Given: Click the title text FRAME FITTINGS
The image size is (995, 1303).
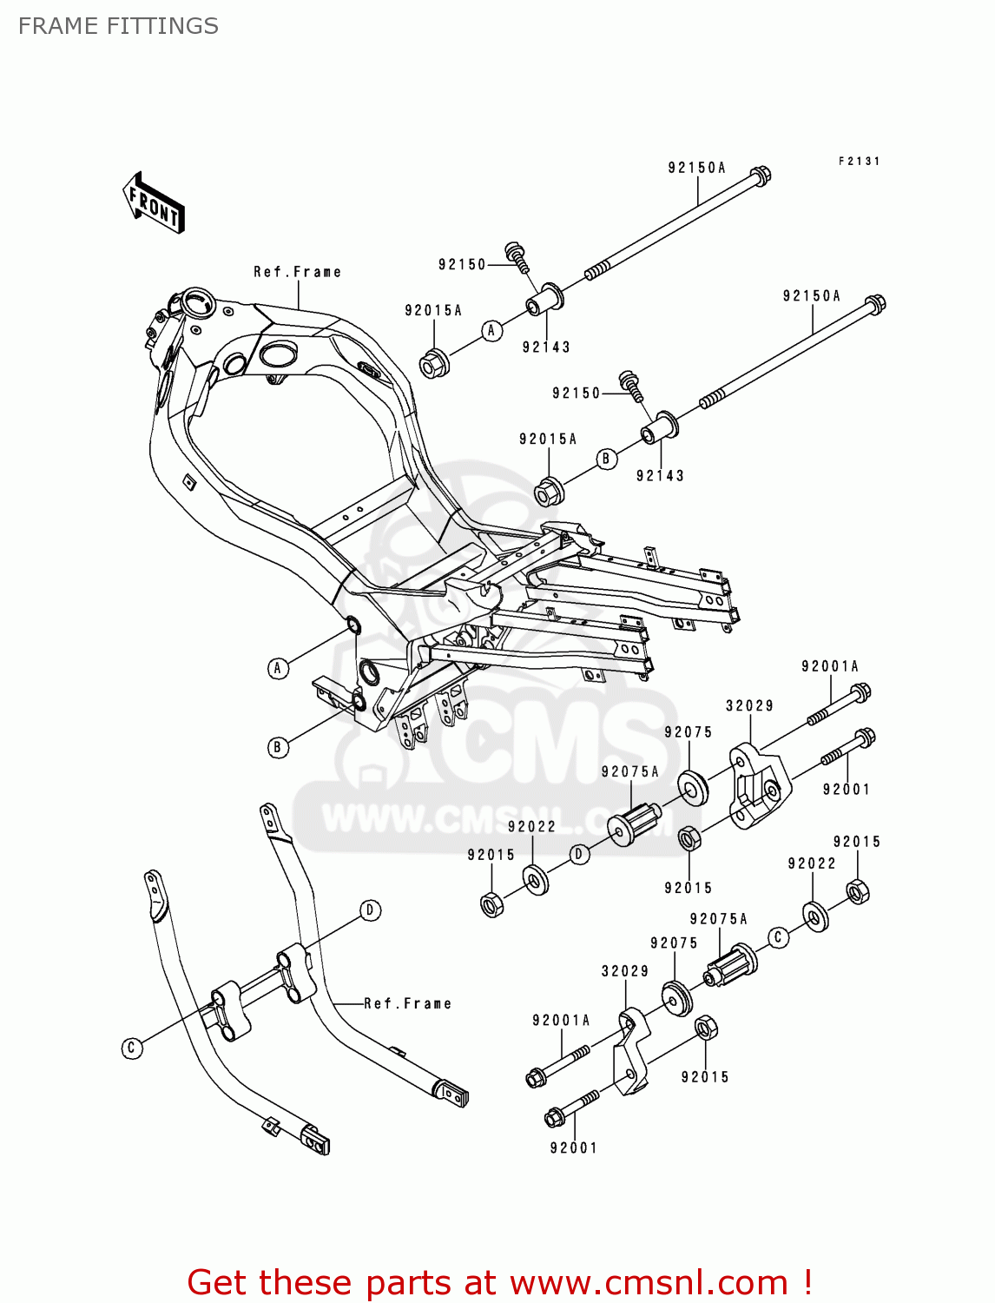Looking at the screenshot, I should pos(118,26).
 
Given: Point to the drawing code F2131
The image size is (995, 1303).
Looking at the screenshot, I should pos(859,162).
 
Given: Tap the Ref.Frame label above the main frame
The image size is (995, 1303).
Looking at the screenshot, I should pos(297,272).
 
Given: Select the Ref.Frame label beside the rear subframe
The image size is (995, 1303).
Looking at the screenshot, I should pos(408,1003).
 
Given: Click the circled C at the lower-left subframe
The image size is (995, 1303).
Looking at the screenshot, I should pos(132,1048).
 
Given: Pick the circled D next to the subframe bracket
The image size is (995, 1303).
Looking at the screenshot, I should pos(371,909).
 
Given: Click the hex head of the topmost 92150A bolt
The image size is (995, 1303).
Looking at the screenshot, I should pos(760,175).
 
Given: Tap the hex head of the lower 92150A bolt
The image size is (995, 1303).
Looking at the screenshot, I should pos(875,305).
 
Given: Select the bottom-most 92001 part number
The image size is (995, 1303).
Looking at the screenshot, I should pos(574,1148).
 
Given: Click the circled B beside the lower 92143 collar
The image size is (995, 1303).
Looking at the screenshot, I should pos(607,459).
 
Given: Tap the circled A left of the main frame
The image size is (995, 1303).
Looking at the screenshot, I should pos(278,667).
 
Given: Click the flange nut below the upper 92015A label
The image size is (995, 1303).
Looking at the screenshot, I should pos(433,363).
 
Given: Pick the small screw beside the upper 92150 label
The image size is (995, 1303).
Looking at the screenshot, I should pos(517,254).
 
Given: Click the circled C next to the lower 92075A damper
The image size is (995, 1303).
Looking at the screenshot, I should pos(778,936).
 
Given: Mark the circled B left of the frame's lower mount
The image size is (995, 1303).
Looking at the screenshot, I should pos(278,747).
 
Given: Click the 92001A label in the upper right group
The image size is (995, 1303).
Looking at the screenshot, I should pos(830,666).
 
